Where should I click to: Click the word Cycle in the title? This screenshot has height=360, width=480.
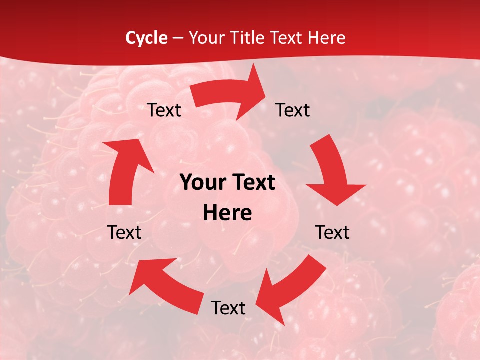[x=146, y=38]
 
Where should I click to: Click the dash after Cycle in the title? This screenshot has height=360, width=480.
[x=177, y=38]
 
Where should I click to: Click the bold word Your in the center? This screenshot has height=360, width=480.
[x=203, y=183]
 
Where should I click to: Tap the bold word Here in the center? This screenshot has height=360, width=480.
[x=227, y=213]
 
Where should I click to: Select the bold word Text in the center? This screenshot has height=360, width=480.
[x=253, y=183]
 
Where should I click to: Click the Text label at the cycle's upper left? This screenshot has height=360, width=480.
[x=164, y=110]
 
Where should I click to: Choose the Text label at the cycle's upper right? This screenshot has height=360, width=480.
[x=293, y=110]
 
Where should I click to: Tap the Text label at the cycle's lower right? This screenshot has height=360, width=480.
[x=332, y=232]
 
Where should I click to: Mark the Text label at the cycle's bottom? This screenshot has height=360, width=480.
[x=228, y=308]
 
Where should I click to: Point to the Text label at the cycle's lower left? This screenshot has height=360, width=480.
[x=124, y=232]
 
